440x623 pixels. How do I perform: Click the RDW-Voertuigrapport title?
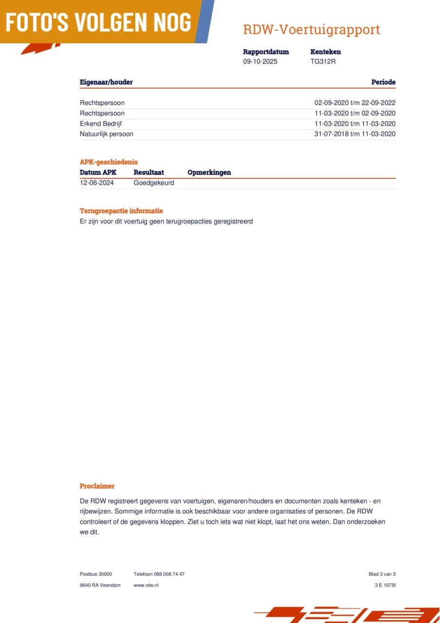click(311, 30)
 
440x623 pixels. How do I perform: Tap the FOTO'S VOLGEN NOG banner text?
click(99, 22)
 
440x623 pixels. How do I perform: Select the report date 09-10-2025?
click(260, 62)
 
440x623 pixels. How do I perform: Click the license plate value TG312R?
click(323, 62)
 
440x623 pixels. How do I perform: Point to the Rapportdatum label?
click(266, 52)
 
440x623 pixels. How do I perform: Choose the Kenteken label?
click(325, 52)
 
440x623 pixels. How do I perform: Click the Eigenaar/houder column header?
click(106, 82)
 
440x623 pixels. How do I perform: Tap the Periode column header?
click(383, 82)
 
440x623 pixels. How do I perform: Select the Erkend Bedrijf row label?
click(101, 124)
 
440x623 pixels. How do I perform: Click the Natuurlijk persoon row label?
click(107, 134)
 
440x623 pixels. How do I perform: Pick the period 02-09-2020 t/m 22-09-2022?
click(355, 103)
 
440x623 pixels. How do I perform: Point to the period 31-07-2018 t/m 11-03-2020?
click(355, 134)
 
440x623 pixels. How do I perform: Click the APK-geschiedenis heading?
click(109, 162)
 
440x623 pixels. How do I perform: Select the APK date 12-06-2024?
click(97, 183)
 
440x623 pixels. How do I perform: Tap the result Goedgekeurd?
click(154, 183)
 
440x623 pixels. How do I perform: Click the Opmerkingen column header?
click(209, 172)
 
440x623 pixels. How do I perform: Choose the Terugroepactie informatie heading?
click(121, 211)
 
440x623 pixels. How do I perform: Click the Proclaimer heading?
click(97, 486)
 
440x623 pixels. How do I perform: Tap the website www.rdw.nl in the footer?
click(146, 585)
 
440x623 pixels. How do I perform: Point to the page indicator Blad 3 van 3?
click(382, 574)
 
